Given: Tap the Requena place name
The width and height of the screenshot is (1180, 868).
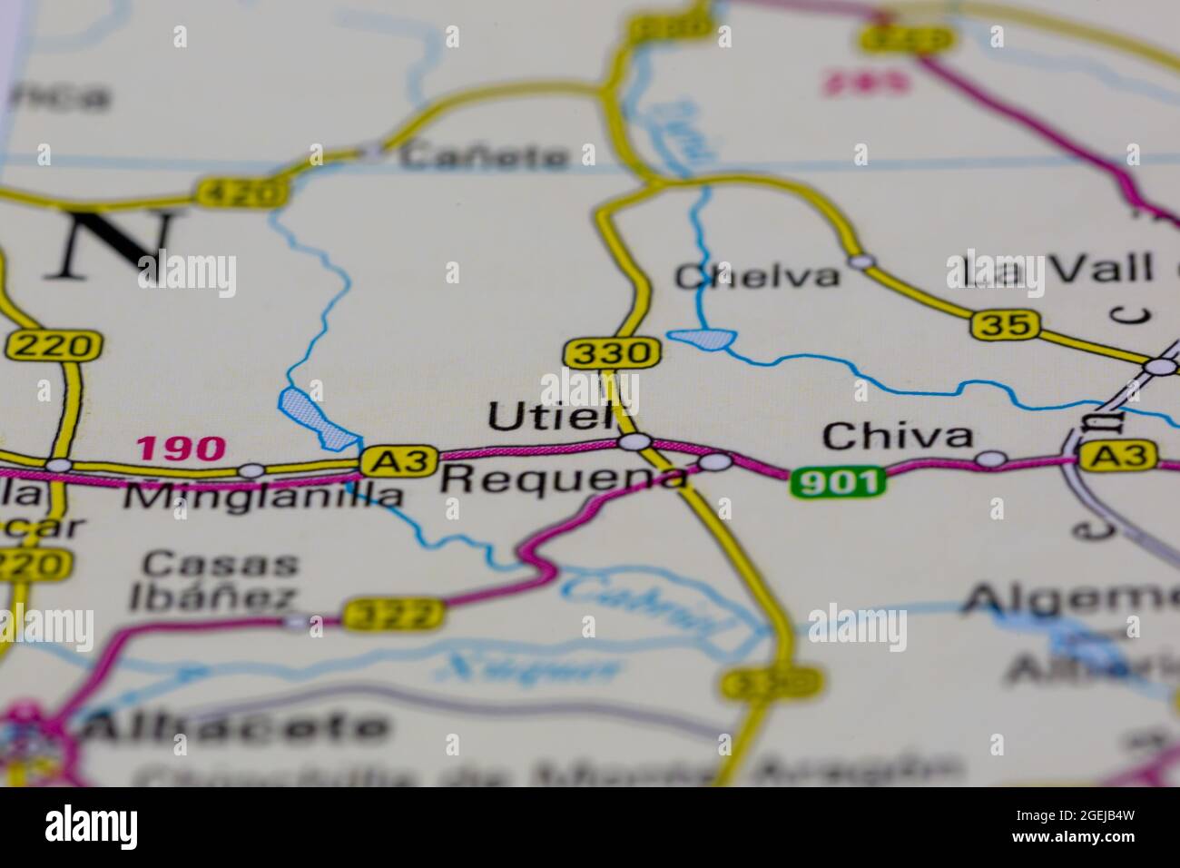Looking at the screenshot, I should click(x=562, y=478).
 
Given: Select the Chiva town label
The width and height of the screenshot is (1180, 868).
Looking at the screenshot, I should click(x=896, y=437).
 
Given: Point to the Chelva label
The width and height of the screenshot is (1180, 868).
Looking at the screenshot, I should click(x=757, y=275).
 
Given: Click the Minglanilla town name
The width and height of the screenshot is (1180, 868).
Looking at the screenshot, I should click(x=262, y=496).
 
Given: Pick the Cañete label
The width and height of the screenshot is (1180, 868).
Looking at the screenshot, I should click(x=485, y=156).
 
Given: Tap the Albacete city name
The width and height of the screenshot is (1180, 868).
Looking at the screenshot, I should click(x=236, y=727).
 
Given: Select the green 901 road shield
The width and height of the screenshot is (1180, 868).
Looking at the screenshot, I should click(x=836, y=482).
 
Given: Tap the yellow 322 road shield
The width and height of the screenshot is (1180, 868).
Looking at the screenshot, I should click(x=394, y=615).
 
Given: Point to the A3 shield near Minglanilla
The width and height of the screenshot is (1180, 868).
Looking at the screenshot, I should click(x=399, y=460).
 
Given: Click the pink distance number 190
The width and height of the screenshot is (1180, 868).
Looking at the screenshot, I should click(x=180, y=448).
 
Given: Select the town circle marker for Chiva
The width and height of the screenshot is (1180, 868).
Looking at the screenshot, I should click(x=991, y=459).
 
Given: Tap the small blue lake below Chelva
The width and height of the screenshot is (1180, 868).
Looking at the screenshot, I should click(x=703, y=340).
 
